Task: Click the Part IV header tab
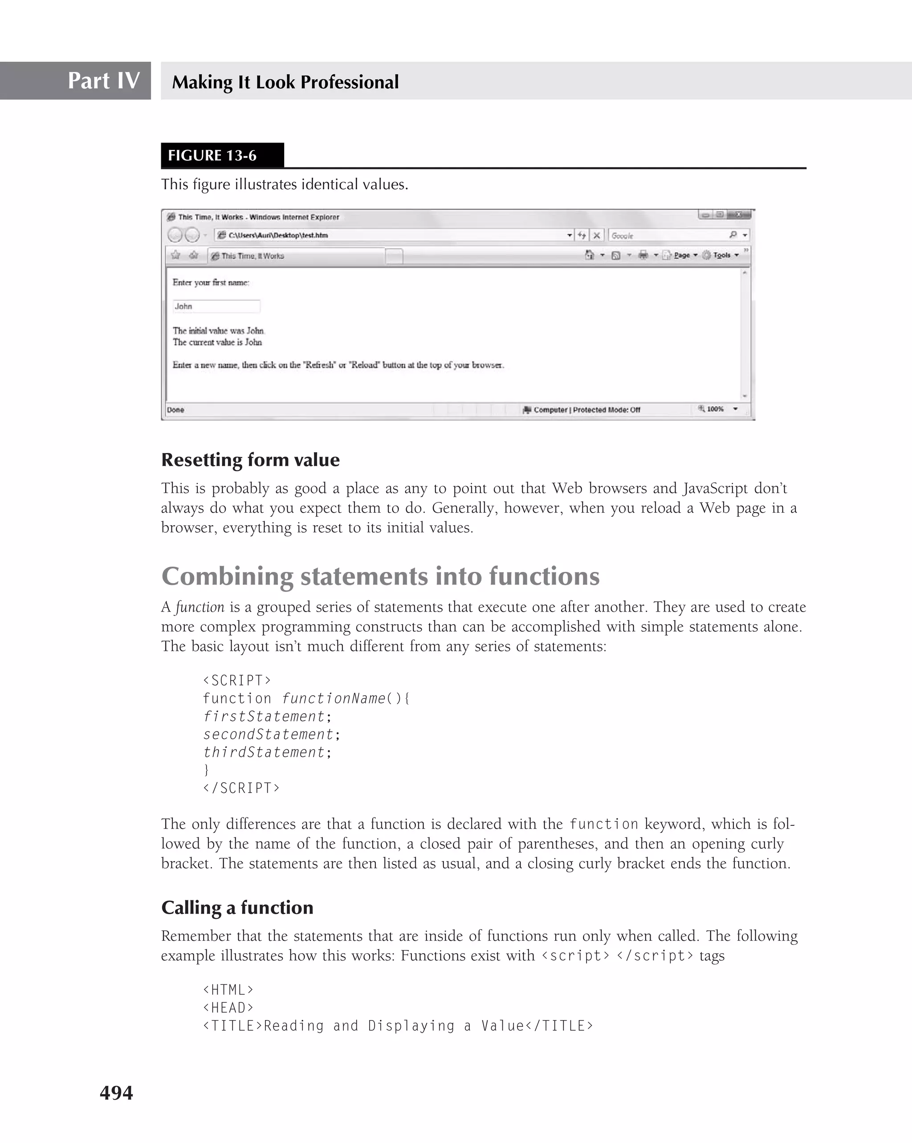103,81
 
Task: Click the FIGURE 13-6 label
212,155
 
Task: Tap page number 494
116,1093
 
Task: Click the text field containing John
216,306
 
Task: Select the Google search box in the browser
668,235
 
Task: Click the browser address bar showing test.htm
392,235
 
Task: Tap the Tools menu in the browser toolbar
721,255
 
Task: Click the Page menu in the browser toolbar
681,255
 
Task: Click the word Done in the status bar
175,410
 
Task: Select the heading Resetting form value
250,460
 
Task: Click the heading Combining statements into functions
380,576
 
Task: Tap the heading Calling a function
237,908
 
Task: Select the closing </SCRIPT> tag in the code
241,788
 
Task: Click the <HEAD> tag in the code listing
228,1008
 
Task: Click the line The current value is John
217,343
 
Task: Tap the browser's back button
175,235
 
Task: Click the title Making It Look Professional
285,82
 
